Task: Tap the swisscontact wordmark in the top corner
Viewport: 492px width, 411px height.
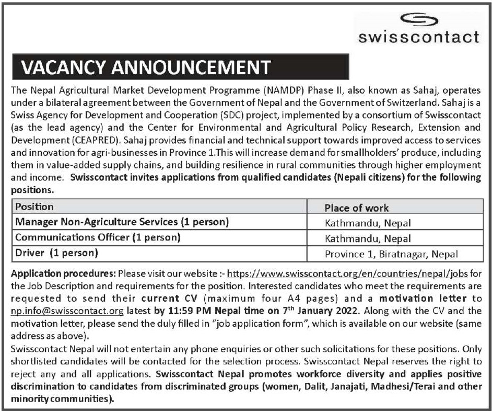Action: click(x=419, y=37)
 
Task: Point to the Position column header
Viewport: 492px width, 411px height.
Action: click(x=34, y=207)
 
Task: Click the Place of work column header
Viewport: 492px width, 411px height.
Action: click(x=356, y=208)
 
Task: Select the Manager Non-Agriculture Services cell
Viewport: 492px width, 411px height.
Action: click(x=122, y=222)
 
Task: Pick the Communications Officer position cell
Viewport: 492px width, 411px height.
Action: click(x=98, y=237)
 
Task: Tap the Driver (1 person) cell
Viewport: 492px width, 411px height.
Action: click(x=57, y=253)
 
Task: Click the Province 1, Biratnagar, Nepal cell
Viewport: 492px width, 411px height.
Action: click(x=391, y=255)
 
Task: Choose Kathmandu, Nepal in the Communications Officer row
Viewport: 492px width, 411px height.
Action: click(x=368, y=239)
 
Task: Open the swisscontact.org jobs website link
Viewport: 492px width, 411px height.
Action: click(x=348, y=273)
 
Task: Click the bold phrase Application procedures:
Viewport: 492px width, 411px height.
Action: click(x=63, y=273)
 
